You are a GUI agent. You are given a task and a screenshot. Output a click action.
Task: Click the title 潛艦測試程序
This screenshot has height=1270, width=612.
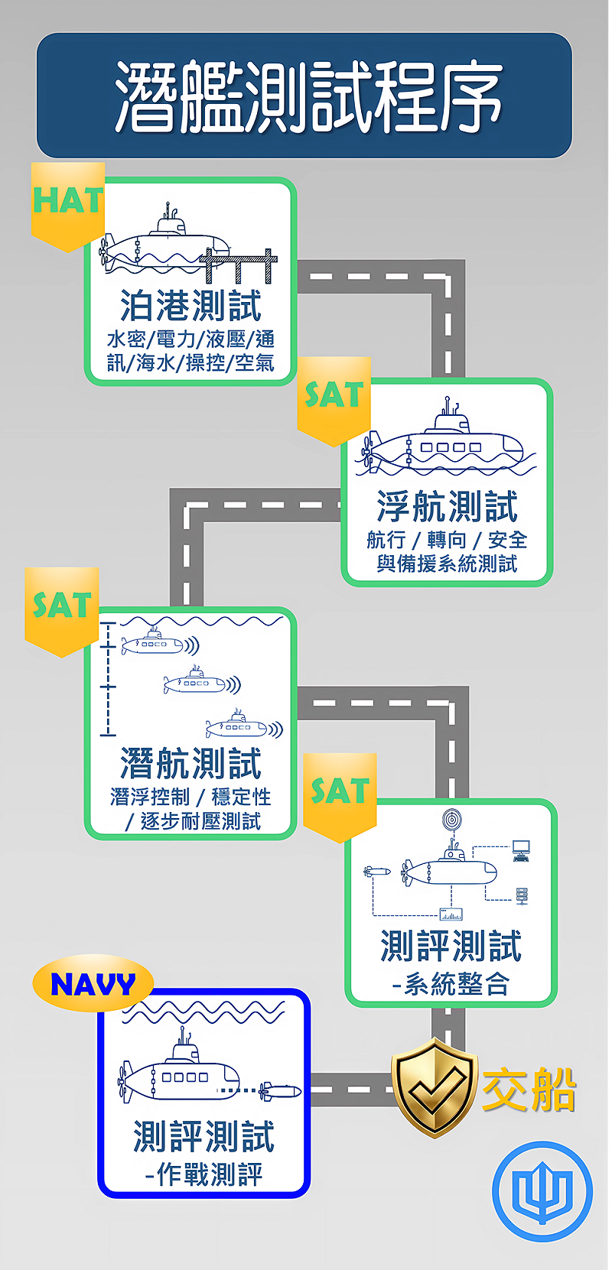click(x=306, y=96)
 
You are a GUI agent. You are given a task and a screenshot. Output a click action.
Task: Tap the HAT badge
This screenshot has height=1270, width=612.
click(x=68, y=203)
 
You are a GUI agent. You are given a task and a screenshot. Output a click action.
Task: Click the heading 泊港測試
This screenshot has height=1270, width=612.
click(x=190, y=306)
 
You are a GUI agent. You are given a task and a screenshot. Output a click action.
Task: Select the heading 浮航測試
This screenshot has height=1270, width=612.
click(x=447, y=506)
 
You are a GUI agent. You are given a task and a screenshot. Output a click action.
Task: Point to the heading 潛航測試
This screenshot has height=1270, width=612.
click(x=190, y=763)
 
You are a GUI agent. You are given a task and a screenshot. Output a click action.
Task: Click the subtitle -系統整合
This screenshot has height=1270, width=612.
click(x=451, y=984)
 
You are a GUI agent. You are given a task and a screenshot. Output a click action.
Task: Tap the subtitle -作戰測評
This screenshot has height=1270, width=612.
click(x=204, y=1174)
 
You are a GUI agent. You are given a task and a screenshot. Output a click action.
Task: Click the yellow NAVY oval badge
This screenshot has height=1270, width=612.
click(x=93, y=983)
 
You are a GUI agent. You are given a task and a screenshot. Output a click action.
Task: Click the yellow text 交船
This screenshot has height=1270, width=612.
click(x=529, y=1089)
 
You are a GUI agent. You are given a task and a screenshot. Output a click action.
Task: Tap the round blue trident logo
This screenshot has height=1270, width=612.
click(x=542, y=1190)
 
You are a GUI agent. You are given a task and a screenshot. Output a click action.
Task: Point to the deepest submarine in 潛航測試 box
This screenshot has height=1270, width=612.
click(x=237, y=726)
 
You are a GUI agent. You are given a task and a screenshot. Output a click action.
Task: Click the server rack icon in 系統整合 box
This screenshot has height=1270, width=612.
click(x=522, y=895)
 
